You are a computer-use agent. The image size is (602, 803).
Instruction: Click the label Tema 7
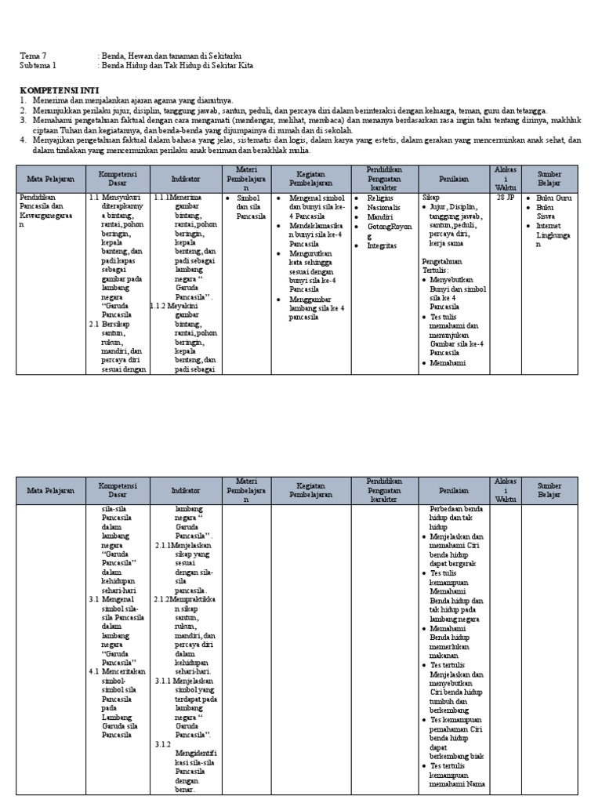pyautogui.click(x=33, y=56)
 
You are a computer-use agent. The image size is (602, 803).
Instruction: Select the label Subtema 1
pyautogui.click(x=38, y=66)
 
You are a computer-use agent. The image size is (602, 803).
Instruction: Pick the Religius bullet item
pyautogui.click(x=381, y=198)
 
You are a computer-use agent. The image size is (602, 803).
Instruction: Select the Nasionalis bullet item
pyautogui.click(x=385, y=208)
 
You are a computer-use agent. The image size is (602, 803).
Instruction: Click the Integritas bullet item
pyautogui.click(x=383, y=245)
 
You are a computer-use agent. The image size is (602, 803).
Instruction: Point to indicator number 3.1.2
pyautogui.click(x=163, y=743)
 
